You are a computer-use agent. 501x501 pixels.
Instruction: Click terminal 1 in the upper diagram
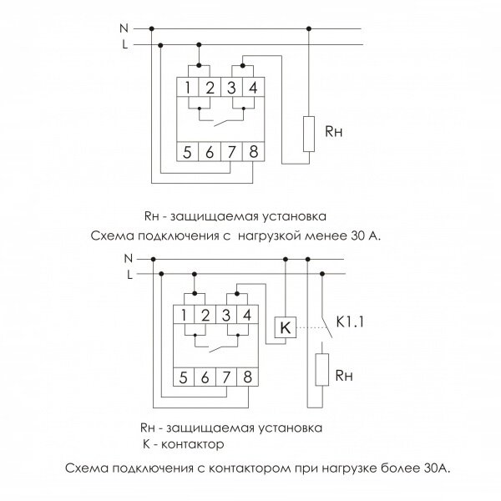point(188,87)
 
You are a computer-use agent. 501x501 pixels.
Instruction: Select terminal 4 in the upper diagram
point(253,87)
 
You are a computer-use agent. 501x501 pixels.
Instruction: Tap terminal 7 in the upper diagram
point(231,151)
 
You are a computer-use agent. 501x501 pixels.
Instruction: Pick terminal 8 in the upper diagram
point(253,151)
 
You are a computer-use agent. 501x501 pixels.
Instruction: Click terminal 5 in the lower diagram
point(184,377)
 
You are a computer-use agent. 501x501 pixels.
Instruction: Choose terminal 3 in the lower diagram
point(226,315)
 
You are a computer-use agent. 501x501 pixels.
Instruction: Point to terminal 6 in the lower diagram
point(205,377)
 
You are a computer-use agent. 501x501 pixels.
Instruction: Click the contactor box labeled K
point(286,327)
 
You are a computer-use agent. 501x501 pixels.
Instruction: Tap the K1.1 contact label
point(350,321)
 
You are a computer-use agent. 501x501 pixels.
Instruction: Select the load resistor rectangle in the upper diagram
point(309,134)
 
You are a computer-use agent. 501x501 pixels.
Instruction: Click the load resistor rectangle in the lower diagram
point(321,370)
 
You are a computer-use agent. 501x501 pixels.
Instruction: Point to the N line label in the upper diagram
point(124,28)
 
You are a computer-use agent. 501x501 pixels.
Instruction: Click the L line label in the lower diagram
point(129,275)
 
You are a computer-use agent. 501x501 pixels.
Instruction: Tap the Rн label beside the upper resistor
point(333,131)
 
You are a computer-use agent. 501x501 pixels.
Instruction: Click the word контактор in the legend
point(192,444)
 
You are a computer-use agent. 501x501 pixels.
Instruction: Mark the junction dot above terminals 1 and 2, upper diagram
point(199,65)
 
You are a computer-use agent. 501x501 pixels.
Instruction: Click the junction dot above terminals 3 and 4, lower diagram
point(237,294)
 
